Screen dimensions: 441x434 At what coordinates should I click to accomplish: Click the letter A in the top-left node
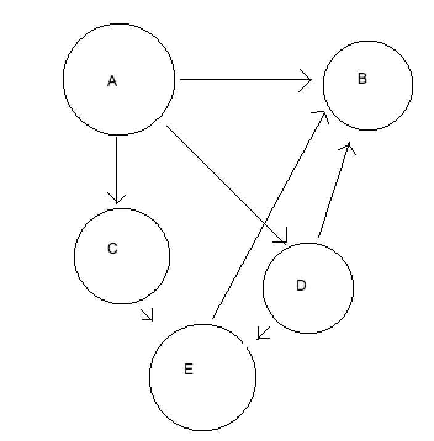pyautogui.click(x=112, y=81)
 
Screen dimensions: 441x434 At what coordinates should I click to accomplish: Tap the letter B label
pyautogui.click(x=362, y=78)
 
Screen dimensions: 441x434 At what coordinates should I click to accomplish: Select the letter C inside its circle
pyautogui.click(x=112, y=248)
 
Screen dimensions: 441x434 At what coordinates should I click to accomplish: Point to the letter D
pyautogui.click(x=301, y=285)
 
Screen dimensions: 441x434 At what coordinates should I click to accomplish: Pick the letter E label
pyautogui.click(x=189, y=369)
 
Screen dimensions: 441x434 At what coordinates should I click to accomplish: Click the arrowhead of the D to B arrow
pyautogui.click(x=349, y=147)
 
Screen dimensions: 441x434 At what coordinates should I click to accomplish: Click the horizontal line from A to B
pyautogui.click(x=240, y=79)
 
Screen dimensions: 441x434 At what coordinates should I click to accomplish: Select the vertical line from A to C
pyautogui.click(x=117, y=166)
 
